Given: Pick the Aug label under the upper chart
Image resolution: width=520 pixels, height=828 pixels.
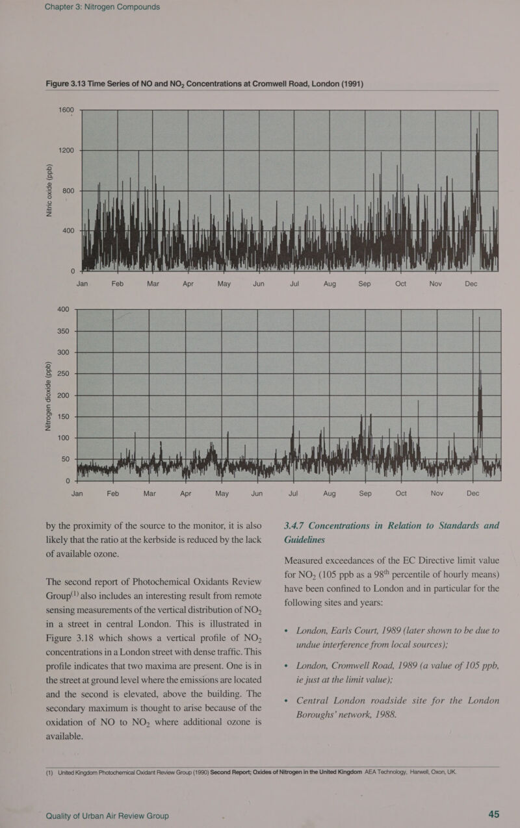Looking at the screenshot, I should [323, 284].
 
